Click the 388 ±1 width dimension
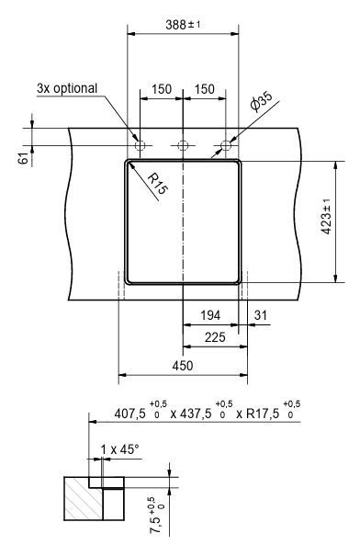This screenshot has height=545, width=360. (183, 25)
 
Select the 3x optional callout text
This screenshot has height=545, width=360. (67, 88)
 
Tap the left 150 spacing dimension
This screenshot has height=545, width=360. (162, 89)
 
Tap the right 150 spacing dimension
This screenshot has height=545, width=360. (205, 89)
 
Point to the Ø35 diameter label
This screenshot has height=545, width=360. (261, 102)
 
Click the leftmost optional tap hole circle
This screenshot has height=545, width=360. (140, 145)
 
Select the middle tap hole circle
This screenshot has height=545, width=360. (183, 145)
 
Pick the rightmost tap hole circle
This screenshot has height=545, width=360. (226, 145)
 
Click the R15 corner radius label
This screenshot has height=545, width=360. (158, 184)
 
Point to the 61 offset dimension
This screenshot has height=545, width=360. (24, 158)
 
